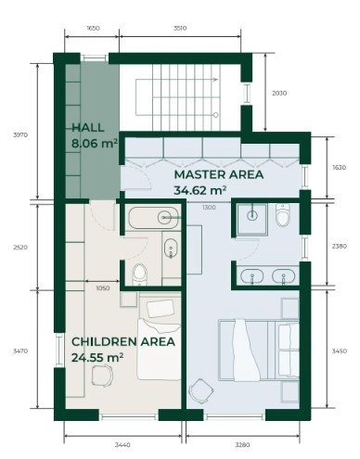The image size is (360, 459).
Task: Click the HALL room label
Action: (88, 128)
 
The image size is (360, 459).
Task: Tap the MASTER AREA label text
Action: (219, 174)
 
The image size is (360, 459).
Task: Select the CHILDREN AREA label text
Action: (123, 342)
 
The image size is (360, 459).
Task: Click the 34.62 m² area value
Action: (199, 190)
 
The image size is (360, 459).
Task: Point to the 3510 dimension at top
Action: (180, 28)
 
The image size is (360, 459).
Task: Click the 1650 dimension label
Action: (93, 28)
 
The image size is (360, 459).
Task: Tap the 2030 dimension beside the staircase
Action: (279, 93)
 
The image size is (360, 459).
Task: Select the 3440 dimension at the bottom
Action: (122, 445)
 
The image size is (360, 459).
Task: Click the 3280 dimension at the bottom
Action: (242, 445)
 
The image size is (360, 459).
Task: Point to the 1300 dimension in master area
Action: (209, 208)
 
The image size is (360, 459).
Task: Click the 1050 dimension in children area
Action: (103, 288)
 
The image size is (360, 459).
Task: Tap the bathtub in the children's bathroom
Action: (153, 218)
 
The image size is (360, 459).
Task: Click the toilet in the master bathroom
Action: (283, 215)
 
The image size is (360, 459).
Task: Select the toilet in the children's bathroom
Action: (140, 274)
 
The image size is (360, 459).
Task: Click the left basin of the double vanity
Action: (252, 276)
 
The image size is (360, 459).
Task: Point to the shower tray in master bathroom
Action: (252, 219)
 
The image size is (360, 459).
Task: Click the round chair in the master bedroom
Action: (201, 391)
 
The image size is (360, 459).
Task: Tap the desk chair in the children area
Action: (102, 376)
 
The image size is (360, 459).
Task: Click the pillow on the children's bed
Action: (161, 309)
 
